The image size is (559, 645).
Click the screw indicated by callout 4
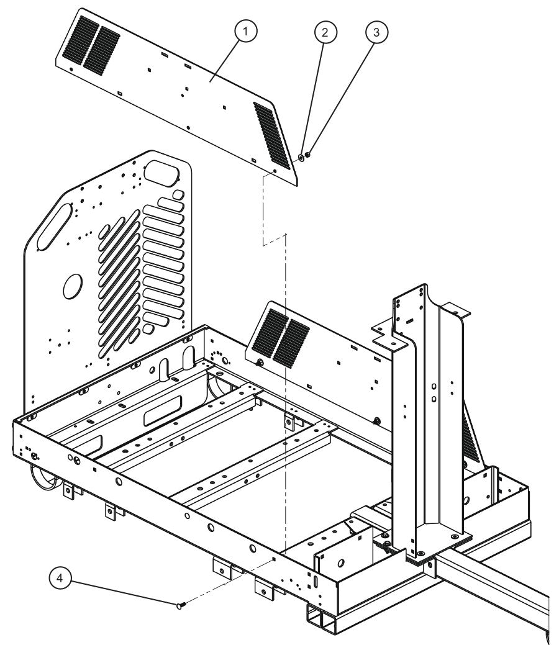(180, 605)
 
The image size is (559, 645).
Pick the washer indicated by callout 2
(301, 158)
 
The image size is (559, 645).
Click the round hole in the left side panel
(73, 285)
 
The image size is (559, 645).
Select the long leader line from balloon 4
(124, 592)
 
